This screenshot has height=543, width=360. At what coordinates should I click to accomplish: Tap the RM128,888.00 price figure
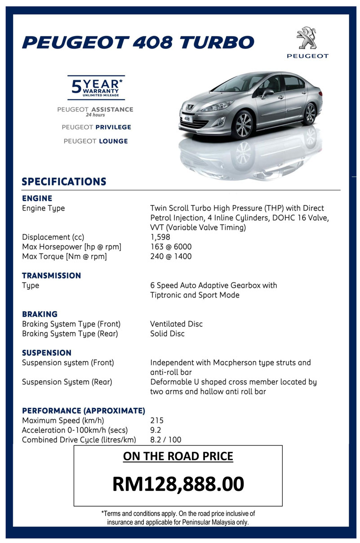pos(178,484)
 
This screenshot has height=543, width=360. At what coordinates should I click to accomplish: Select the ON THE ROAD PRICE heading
pos(178,457)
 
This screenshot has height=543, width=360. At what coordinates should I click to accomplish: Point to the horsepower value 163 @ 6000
pos(171,247)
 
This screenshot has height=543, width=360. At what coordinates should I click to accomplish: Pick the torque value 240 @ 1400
pos(171,257)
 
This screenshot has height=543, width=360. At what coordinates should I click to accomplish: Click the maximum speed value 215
pos(157,421)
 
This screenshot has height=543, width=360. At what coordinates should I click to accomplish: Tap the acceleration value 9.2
pos(156,431)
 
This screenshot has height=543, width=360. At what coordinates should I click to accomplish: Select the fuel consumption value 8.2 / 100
pos(165,440)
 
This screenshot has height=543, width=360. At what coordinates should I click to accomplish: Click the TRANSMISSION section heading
pos(52,276)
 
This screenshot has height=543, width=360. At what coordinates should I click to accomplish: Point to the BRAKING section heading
pos(40,314)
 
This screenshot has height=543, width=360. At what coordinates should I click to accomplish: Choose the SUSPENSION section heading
pos(47,353)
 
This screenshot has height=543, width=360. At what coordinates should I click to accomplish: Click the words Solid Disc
pos(167,334)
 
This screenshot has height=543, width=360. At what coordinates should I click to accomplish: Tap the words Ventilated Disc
pos(176,324)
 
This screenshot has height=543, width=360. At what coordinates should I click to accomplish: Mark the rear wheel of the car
pos(310,114)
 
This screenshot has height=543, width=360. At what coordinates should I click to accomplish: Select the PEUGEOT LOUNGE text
pos(96,141)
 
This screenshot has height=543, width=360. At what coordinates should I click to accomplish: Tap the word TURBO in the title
pos(217,43)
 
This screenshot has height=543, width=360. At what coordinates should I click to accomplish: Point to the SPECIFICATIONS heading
pos(64,182)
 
